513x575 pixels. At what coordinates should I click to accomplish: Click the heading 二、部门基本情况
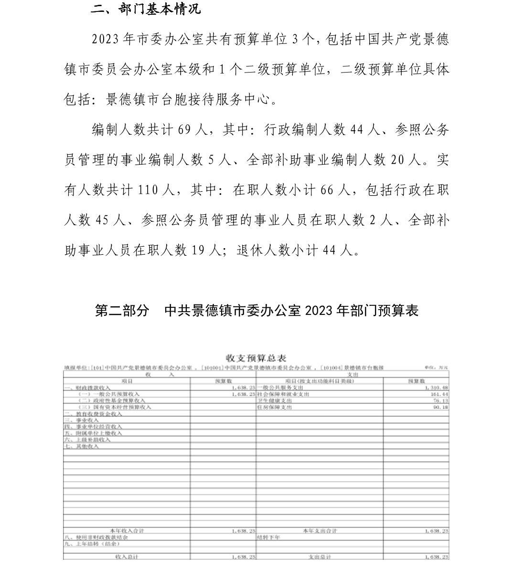click(146, 9)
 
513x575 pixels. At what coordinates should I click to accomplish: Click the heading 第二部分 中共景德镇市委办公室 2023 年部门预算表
click(256, 311)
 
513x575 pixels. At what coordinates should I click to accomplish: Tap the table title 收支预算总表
click(256, 358)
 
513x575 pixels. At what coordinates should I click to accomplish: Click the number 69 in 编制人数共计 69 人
click(184, 130)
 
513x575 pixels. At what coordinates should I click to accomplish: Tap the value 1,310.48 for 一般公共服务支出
click(436, 387)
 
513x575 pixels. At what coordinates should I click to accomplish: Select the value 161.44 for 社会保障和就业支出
click(439, 394)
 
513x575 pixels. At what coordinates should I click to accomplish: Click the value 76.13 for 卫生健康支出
click(440, 401)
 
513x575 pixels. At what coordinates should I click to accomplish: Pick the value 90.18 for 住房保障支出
click(440, 407)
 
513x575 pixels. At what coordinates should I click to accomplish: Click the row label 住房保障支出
click(274, 407)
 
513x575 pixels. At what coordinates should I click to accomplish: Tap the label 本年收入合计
click(127, 531)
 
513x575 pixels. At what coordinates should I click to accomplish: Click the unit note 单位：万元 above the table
click(436, 368)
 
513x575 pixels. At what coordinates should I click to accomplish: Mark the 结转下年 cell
click(268, 537)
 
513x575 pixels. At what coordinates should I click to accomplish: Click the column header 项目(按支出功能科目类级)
click(320, 381)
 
